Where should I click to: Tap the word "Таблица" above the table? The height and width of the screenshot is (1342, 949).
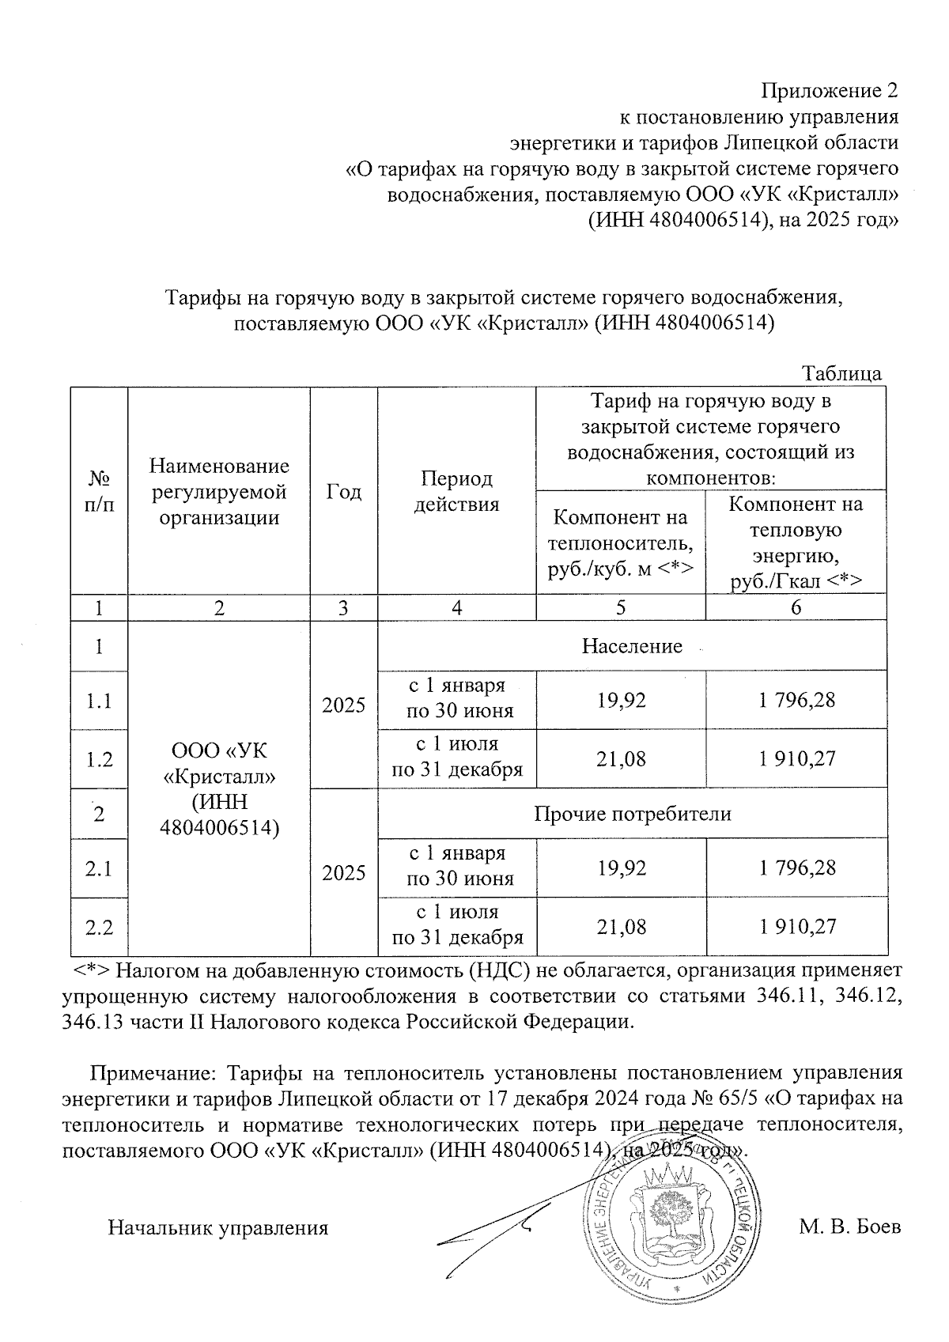(841, 373)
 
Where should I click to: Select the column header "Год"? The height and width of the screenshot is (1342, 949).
(344, 491)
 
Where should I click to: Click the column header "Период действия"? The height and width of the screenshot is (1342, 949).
(456, 491)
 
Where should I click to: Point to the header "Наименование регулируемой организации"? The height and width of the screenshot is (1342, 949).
(219, 491)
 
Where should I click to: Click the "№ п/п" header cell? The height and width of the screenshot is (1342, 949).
(99, 491)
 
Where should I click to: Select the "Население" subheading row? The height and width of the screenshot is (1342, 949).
(632, 646)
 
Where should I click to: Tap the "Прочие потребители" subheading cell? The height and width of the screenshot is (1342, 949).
(632, 814)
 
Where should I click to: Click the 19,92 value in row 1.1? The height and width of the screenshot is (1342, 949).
(621, 701)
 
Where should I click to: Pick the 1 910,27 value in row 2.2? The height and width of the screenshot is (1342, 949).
(796, 927)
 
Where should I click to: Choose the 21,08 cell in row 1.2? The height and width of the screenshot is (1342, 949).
(621, 759)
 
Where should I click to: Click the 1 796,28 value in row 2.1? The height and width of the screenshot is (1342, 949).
(796, 868)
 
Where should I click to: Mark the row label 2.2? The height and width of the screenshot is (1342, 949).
(99, 927)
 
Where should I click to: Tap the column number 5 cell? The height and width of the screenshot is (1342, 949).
(621, 607)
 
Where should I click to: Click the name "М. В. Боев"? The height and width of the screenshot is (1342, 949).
(849, 1228)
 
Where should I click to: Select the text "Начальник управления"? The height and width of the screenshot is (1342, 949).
(217, 1228)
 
